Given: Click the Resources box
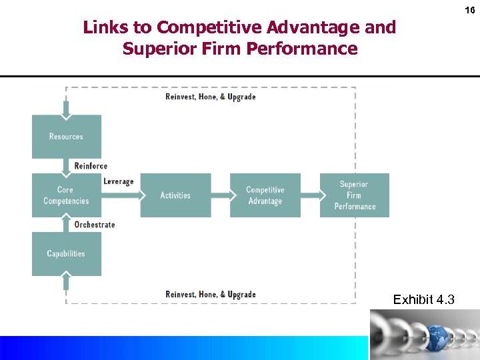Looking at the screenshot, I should click(66, 137).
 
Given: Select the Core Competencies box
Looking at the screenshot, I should click(66, 195).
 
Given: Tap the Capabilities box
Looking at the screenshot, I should click(66, 253).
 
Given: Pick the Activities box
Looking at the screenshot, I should click(175, 195).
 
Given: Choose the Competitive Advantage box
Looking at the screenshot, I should click(265, 195).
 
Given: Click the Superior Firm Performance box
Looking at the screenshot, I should click(355, 195).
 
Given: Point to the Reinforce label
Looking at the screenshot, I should click(91, 166).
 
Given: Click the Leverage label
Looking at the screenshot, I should click(119, 181).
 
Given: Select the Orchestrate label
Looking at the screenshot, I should click(95, 225).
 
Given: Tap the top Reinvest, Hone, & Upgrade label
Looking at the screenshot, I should click(211, 97).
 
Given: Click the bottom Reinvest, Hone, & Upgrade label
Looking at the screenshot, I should click(211, 295).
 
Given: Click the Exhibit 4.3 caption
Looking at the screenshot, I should click(424, 300).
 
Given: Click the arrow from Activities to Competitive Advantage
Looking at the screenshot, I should click(221, 195).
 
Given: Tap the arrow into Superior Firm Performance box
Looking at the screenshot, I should click(311, 195).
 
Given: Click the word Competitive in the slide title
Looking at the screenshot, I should click(209, 27).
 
